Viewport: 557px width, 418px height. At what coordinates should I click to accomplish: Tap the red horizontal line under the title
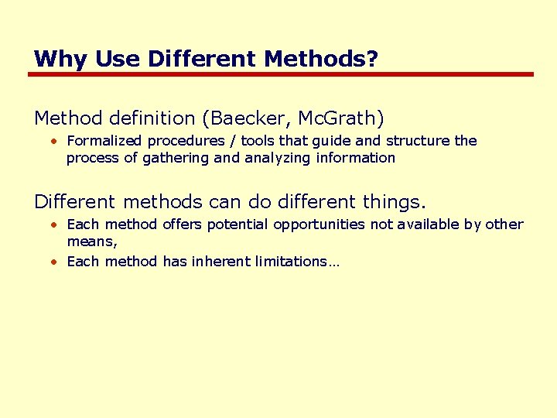click(x=280, y=74)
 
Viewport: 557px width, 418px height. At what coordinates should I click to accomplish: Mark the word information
click(x=359, y=158)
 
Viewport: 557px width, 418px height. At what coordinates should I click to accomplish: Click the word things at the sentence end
click(x=393, y=203)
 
